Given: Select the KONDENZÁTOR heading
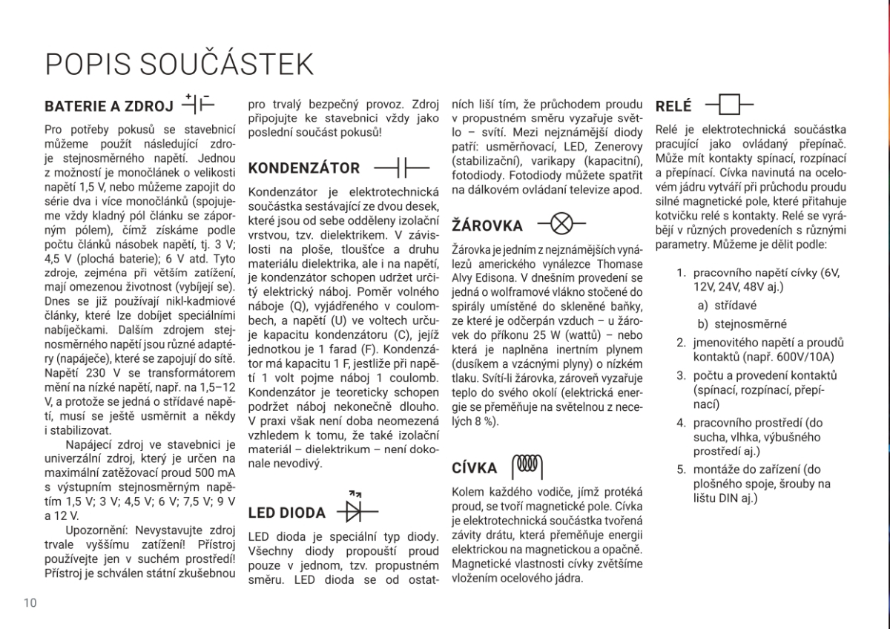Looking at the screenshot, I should [304, 168].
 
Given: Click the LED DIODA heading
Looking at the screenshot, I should [286, 513].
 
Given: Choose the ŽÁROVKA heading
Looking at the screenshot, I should [487, 225].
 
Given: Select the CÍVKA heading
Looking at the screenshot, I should [475, 468].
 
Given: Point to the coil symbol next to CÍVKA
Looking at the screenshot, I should [528, 465].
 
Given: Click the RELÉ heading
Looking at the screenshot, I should [674, 106].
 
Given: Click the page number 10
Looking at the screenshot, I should [30, 602].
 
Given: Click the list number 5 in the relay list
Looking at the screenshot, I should [680, 469].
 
